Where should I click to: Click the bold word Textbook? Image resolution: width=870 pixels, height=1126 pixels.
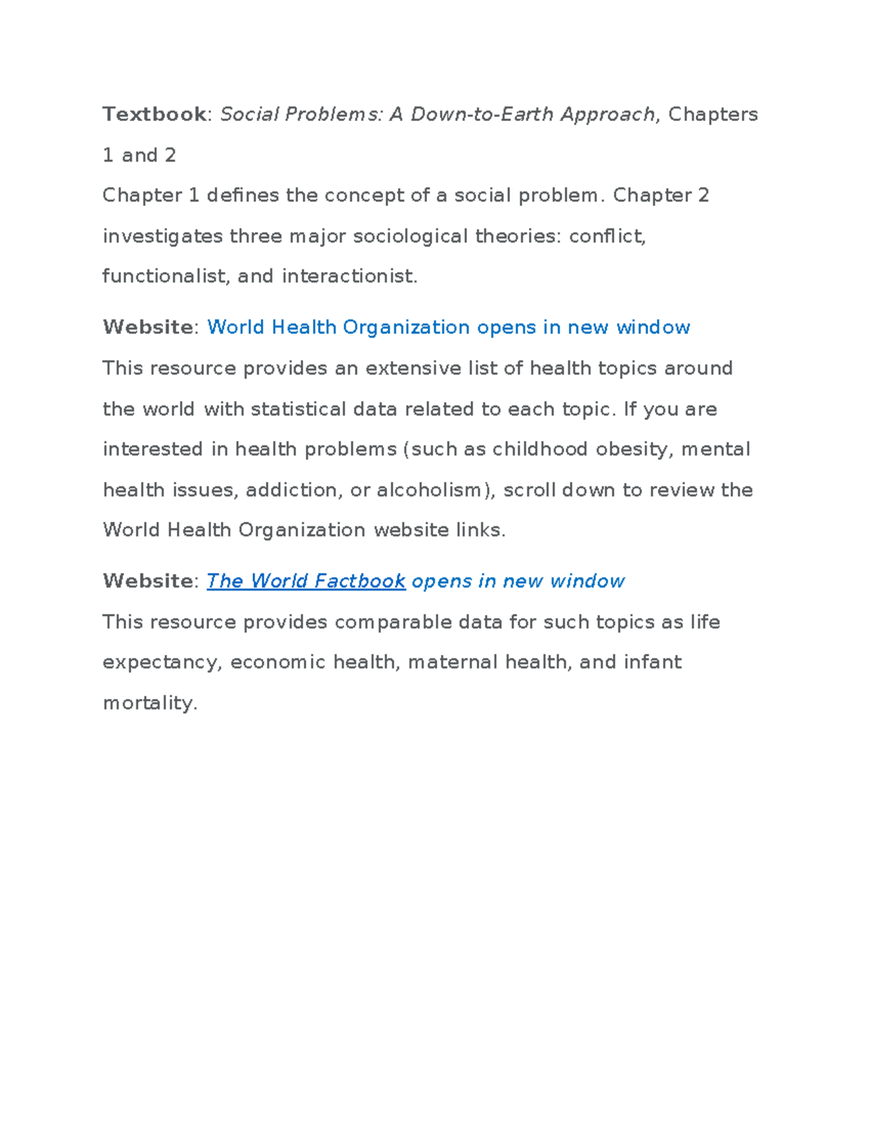tap(154, 115)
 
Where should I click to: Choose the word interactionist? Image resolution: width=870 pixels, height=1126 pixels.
tap(349, 276)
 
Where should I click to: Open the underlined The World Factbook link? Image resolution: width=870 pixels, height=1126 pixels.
tap(306, 581)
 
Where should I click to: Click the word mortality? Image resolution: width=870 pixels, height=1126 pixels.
tap(150, 703)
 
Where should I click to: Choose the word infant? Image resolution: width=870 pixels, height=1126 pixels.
tap(652, 663)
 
